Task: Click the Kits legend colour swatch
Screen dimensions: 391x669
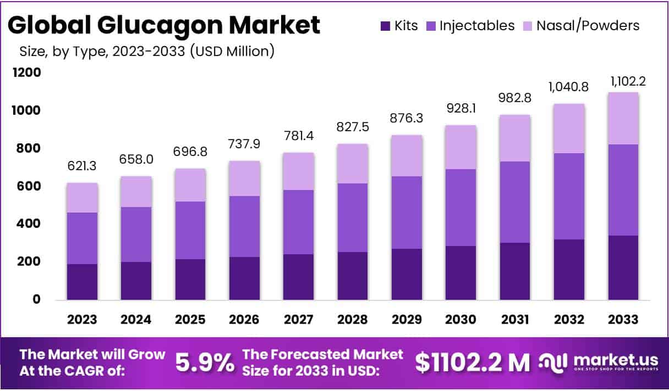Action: (385, 25)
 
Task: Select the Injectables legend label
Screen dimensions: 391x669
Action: (477, 25)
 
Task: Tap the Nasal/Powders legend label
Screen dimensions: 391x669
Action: (588, 25)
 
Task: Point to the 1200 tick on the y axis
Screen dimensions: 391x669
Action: (26, 72)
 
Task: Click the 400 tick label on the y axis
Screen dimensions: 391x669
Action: (28, 224)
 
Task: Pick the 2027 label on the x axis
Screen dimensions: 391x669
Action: (298, 320)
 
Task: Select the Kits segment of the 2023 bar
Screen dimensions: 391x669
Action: (82, 282)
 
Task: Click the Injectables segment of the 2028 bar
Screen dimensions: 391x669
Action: (353, 217)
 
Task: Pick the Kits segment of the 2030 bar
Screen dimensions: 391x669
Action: (460, 273)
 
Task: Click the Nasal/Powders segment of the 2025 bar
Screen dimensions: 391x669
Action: (190, 185)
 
